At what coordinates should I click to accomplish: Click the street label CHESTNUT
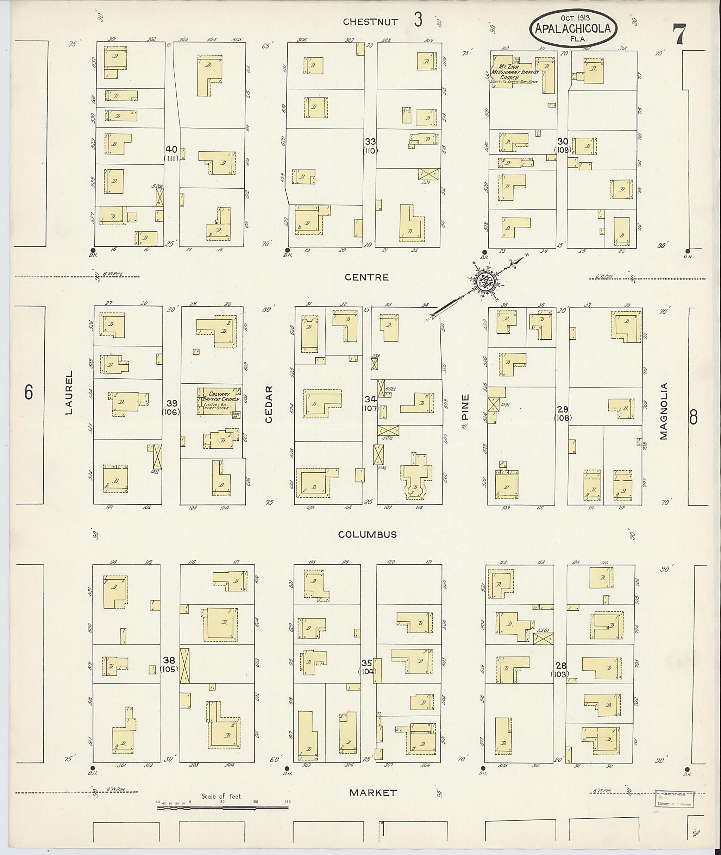370,22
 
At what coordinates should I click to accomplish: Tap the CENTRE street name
366,277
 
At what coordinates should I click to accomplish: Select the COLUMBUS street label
368,535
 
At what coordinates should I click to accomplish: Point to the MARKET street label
373,793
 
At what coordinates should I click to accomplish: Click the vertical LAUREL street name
69,392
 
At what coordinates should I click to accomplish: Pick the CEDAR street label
269,404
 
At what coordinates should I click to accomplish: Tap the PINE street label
465,407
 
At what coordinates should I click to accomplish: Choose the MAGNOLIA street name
663,411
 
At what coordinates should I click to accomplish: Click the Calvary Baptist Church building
218,401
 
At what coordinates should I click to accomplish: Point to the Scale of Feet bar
223,808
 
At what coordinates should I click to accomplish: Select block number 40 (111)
171,153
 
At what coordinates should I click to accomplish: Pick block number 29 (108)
563,413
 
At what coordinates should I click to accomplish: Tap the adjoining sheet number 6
28,392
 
